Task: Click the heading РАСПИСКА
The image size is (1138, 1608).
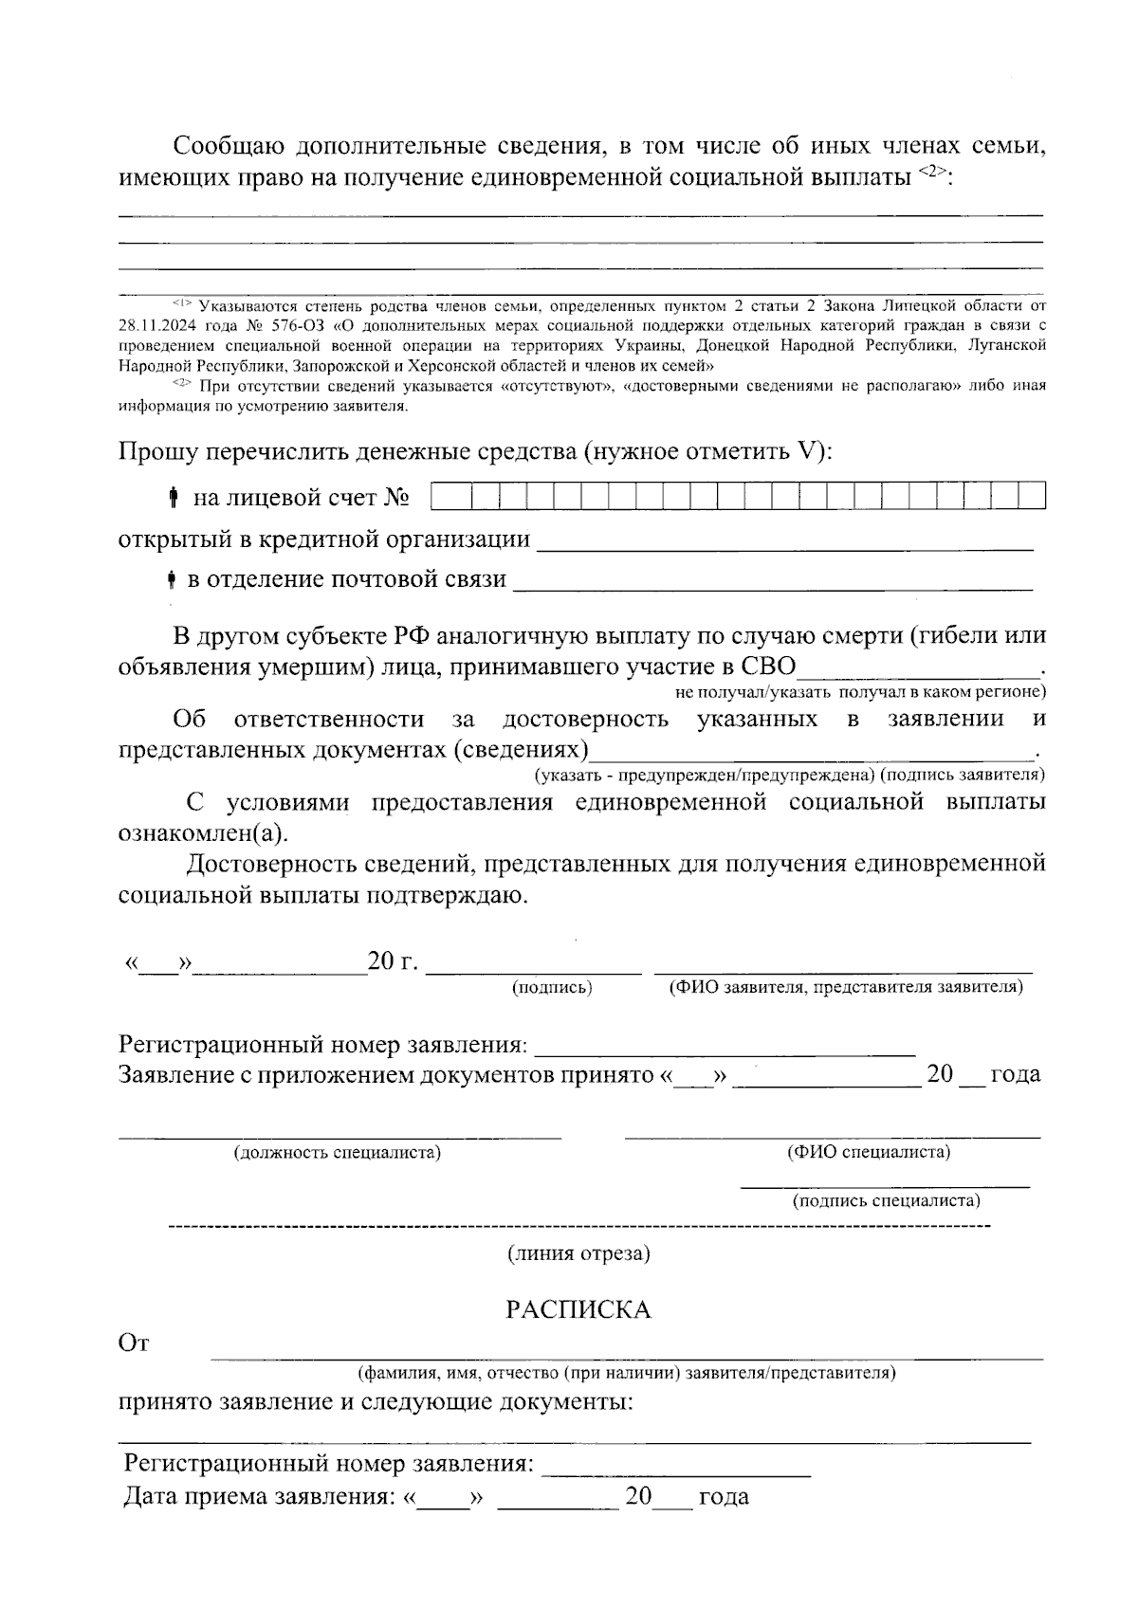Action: (578, 1309)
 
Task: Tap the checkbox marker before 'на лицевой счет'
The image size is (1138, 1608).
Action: (174, 497)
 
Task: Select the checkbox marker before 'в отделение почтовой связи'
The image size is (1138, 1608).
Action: (171, 578)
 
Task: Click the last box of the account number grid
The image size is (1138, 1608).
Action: (1032, 496)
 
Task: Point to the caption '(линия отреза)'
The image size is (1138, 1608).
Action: (578, 1253)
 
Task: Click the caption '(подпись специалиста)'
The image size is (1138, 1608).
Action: (886, 1200)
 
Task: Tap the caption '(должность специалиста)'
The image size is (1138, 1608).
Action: (338, 1153)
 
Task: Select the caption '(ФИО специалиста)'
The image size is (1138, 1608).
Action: (869, 1151)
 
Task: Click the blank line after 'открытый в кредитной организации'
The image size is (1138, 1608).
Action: (784, 541)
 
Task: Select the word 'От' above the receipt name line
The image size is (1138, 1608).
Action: (134, 1343)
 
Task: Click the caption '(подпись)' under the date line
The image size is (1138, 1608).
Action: (551, 987)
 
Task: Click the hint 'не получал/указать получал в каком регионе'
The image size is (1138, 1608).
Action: (860, 691)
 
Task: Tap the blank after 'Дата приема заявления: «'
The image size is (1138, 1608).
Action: (444, 1498)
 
